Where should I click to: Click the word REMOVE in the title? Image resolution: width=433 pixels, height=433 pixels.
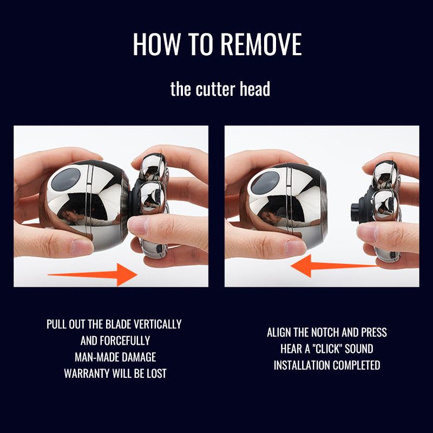(261, 44)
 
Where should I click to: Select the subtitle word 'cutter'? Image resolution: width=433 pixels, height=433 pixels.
(215, 89)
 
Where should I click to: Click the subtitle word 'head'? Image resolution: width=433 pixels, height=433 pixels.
(255, 89)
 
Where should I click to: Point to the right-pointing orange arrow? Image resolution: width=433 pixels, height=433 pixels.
(93, 274)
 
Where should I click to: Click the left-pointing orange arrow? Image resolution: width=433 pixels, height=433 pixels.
(334, 266)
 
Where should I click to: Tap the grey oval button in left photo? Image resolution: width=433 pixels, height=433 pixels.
(65, 180)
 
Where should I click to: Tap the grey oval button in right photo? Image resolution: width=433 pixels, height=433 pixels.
(265, 182)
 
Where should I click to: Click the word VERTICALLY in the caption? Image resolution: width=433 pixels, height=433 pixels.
(158, 324)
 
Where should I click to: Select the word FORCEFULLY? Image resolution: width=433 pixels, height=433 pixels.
(125, 341)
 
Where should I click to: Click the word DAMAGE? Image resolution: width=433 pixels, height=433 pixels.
(139, 357)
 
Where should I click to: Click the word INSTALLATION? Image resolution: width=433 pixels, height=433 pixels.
(302, 365)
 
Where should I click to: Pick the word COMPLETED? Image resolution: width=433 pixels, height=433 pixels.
(357, 365)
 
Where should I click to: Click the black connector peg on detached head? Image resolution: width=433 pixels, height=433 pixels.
(355, 212)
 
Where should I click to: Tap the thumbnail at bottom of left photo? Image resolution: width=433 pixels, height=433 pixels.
(82, 247)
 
